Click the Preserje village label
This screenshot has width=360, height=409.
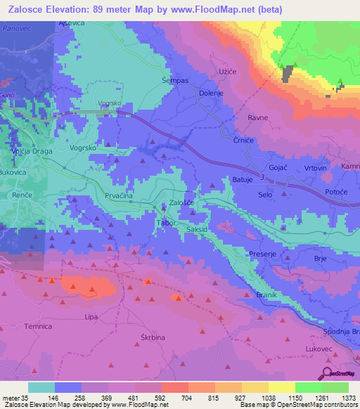tap(264, 252)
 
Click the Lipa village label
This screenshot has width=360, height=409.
tap(91, 318)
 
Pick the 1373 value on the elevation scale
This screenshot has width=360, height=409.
tap(348, 397)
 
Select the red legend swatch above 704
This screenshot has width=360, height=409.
tap(174, 387)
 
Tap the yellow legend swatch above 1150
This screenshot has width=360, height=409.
tap(281, 387)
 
